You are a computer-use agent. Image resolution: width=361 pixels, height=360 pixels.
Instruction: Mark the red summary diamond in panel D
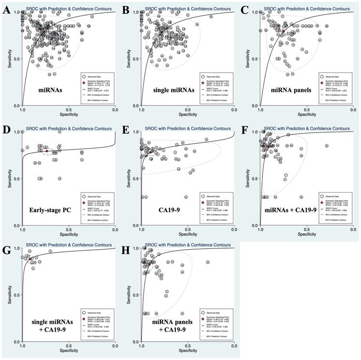pos(47,151)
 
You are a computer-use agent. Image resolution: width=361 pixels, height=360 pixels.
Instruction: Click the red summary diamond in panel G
pos(30,259)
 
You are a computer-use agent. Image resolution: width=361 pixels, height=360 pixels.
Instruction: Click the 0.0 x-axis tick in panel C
pos(355,110)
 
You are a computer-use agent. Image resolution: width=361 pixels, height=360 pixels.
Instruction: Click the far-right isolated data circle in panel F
pos(327,146)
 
